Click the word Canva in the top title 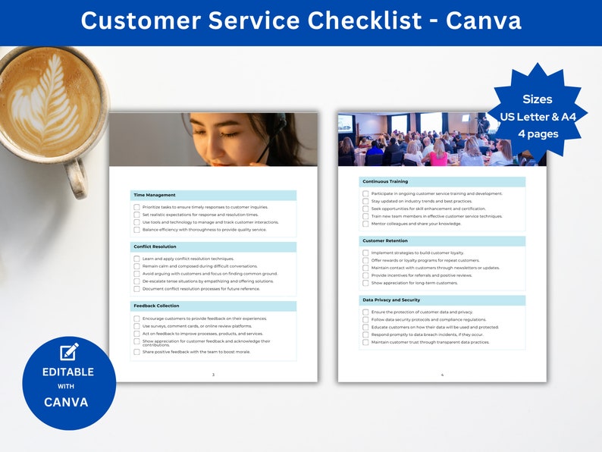(x=483, y=20)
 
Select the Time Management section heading (x=154, y=195)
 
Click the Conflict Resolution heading (x=155, y=246)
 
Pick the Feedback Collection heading (x=156, y=306)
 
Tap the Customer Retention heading (x=386, y=241)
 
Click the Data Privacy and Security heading (x=391, y=300)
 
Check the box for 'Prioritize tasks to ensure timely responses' (x=136, y=207)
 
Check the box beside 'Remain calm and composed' (x=136, y=266)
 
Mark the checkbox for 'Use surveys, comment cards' (x=136, y=326)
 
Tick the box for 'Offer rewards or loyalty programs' (x=365, y=260)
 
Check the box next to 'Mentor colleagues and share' (x=365, y=224)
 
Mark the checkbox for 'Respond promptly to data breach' (x=365, y=334)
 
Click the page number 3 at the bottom (x=213, y=375)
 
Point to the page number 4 (x=442, y=375)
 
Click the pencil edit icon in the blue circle (x=69, y=351)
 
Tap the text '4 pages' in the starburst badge (x=537, y=133)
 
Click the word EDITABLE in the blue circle (x=68, y=372)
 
